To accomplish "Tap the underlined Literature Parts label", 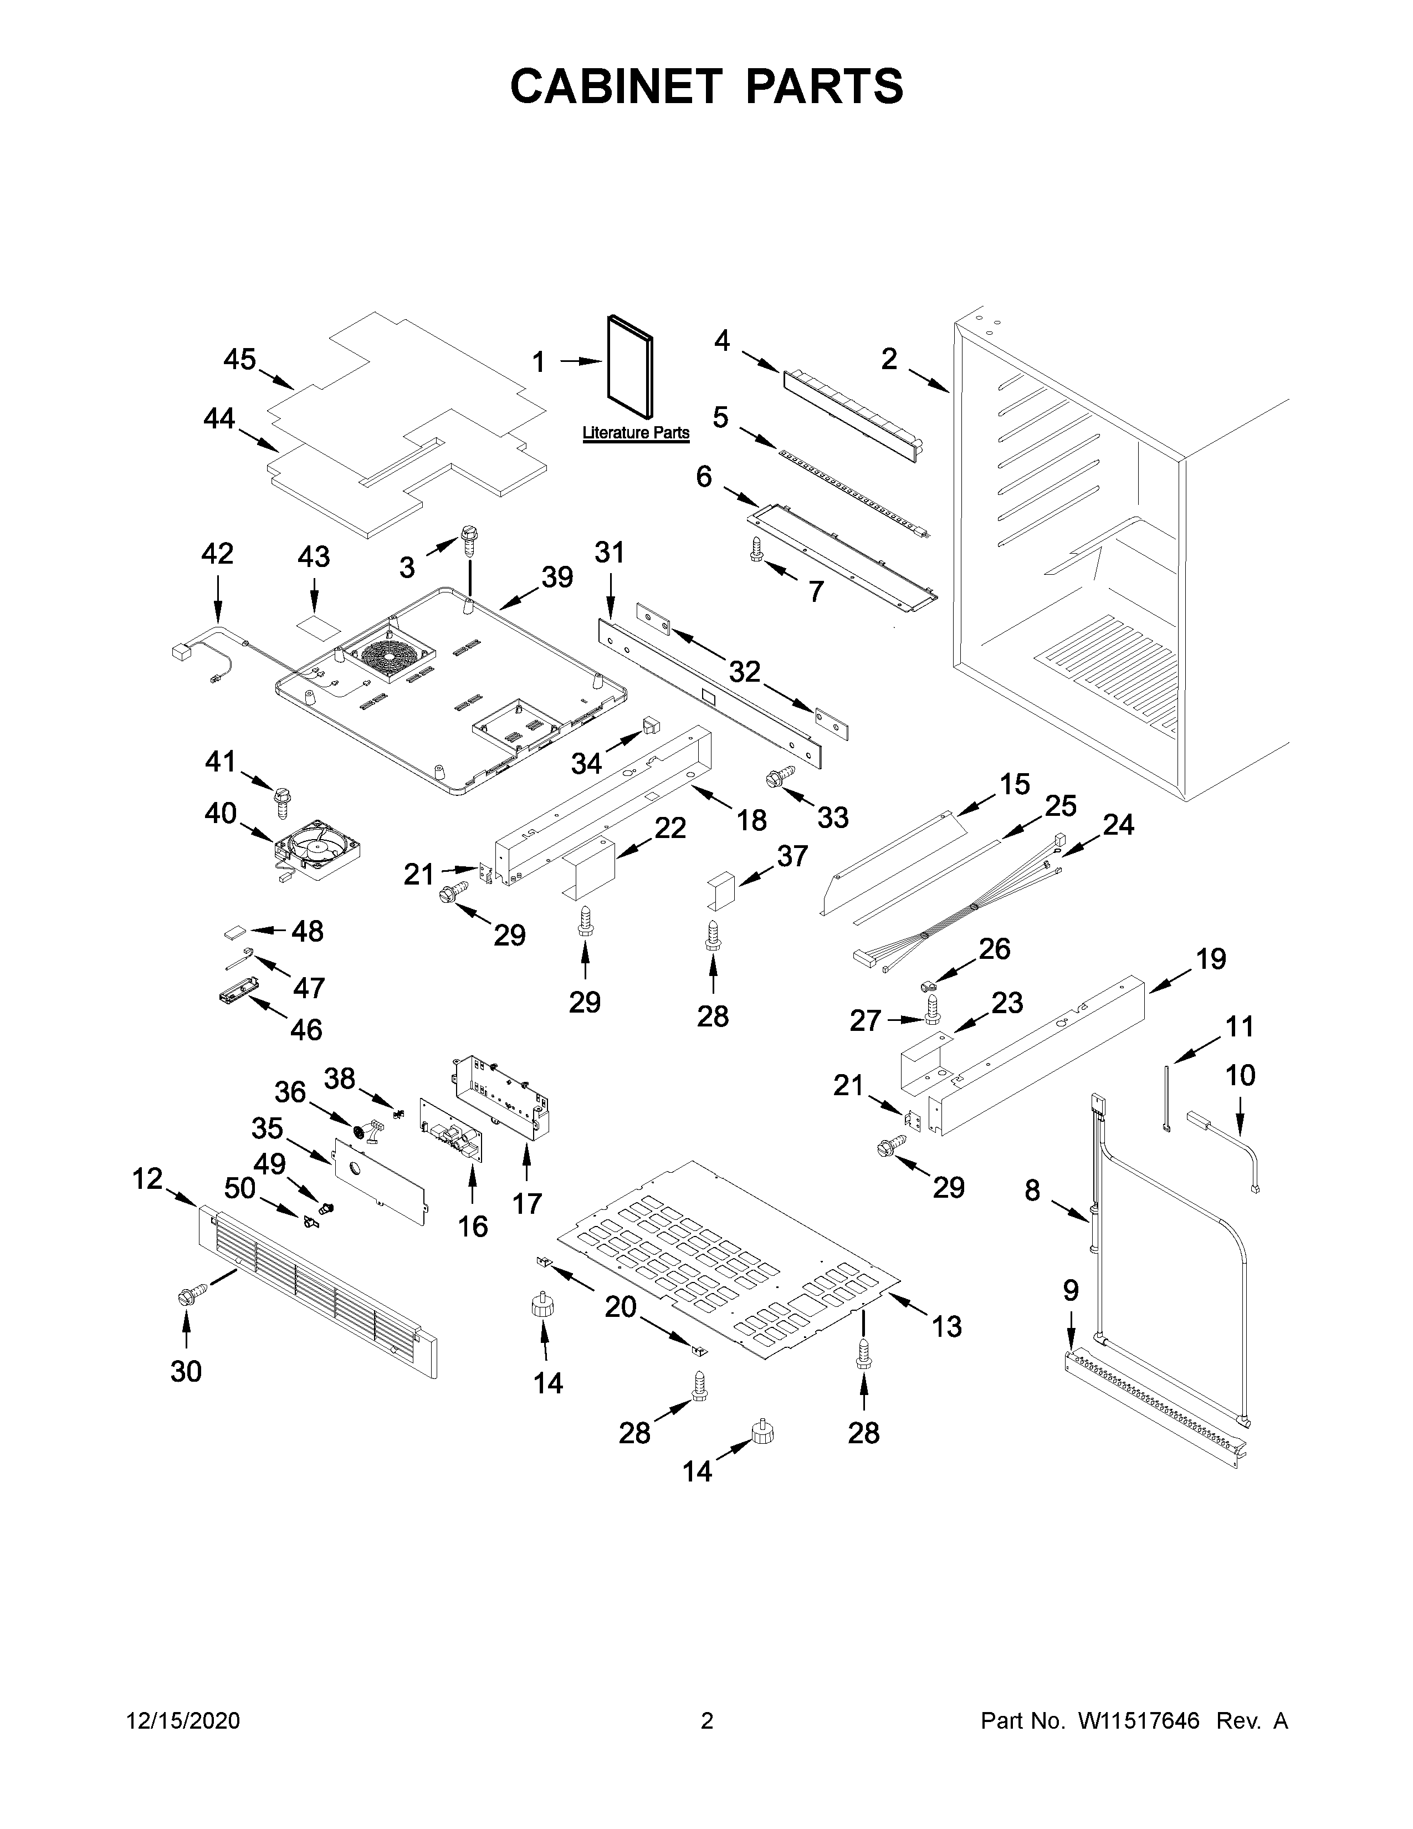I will click(x=636, y=433).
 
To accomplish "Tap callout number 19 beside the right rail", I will click(x=1210, y=958).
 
